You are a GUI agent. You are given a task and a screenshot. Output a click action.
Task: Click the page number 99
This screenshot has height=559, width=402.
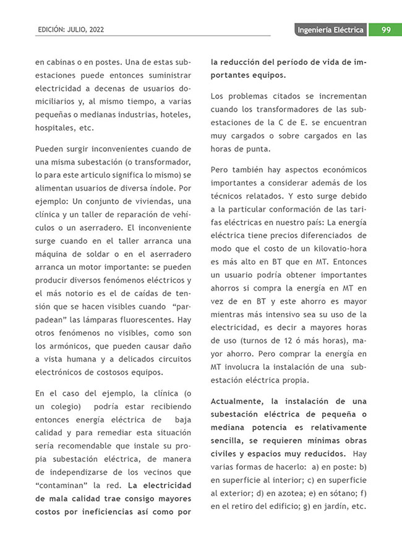click(385, 30)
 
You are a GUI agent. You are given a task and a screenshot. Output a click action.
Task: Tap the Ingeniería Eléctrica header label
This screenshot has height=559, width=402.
click(330, 30)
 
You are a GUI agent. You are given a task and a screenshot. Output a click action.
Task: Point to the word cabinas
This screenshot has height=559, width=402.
click(63, 62)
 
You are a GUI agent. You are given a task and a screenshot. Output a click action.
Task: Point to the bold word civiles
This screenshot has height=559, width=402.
click(226, 453)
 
